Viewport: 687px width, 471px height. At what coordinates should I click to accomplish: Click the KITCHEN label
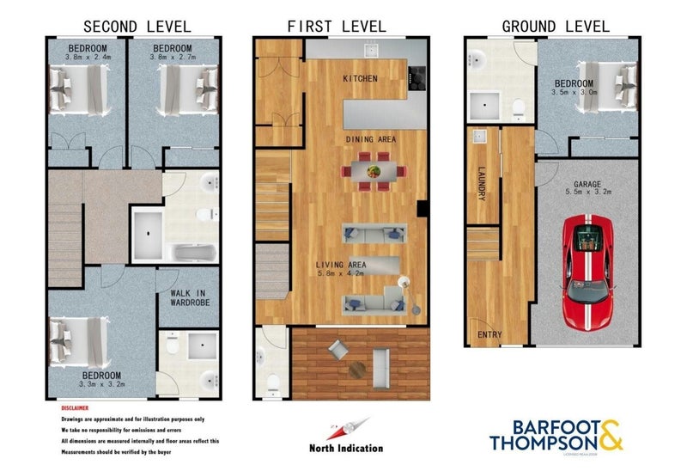pos(360,78)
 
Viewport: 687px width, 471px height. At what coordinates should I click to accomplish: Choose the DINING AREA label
pos(370,138)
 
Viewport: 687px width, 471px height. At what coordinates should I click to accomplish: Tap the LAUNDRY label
pos(482,184)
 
